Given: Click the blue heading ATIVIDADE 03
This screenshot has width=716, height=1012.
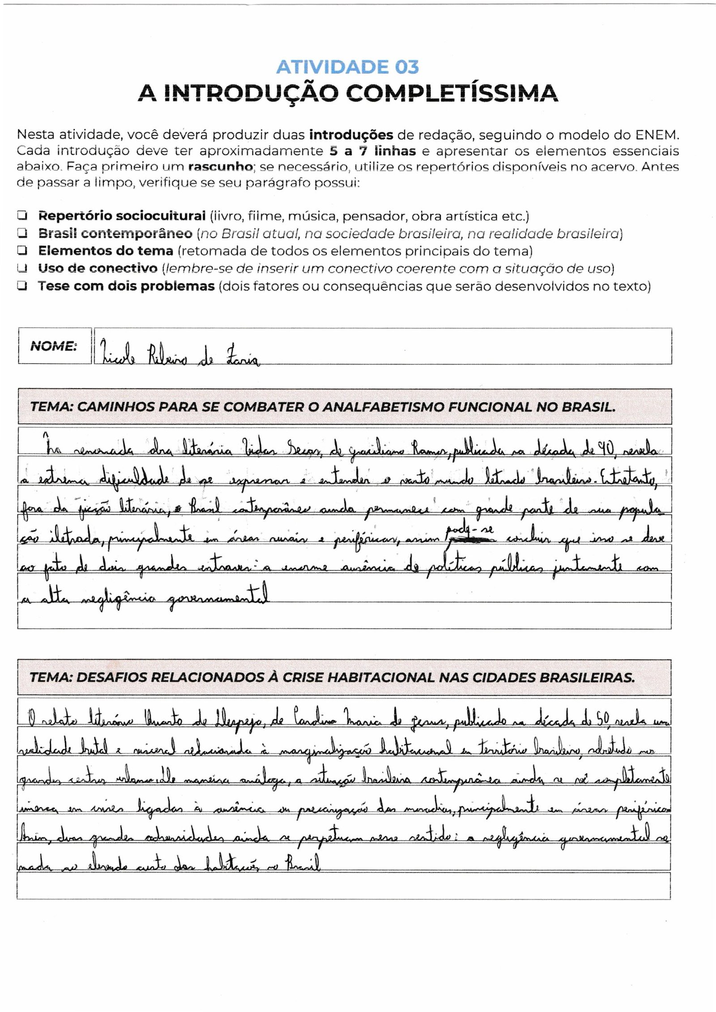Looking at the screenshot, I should (347, 67).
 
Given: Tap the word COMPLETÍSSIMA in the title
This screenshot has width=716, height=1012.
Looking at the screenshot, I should (453, 93).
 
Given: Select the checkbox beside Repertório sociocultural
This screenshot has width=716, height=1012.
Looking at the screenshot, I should (21, 216).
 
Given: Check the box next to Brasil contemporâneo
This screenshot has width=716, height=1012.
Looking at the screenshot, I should (21, 233).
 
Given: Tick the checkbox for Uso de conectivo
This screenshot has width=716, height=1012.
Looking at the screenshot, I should (21, 268).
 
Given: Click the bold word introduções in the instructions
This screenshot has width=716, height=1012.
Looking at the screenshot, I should (351, 135).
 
